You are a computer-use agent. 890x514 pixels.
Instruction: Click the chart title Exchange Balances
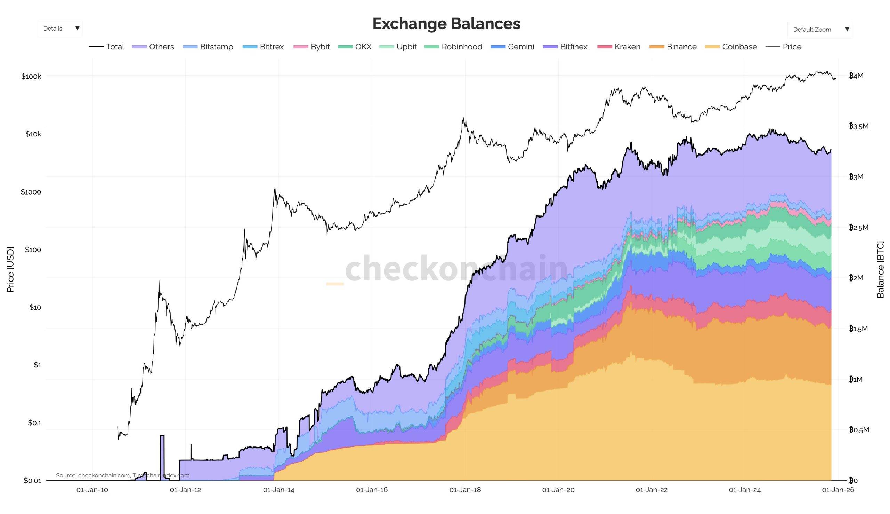(x=446, y=24)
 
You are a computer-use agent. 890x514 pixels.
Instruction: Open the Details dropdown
(x=60, y=29)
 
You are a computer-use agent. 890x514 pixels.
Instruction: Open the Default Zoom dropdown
(x=819, y=30)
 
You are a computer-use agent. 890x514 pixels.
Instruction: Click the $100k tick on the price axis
(x=31, y=76)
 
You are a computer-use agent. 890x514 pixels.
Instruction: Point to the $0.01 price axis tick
(x=32, y=481)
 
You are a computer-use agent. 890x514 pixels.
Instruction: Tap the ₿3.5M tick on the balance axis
(x=859, y=126)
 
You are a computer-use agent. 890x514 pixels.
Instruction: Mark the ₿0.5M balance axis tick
(x=859, y=430)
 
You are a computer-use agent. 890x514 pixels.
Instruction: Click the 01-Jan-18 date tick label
(x=465, y=490)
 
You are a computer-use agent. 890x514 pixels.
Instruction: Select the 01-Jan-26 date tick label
(x=838, y=490)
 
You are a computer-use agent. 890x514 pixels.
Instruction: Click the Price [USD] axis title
(x=10, y=269)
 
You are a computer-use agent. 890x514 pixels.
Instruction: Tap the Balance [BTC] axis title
(x=880, y=269)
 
